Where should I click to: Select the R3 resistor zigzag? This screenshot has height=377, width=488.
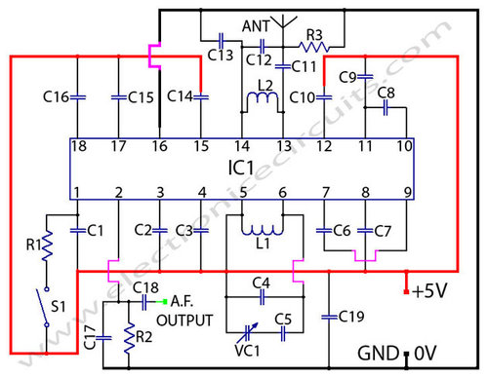click(x=314, y=45)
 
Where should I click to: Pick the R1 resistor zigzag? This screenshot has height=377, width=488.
click(x=45, y=247)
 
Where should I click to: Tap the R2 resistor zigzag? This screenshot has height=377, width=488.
click(x=128, y=339)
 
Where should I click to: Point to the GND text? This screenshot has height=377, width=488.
click(x=375, y=352)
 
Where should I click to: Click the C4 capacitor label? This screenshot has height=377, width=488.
click(x=261, y=283)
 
